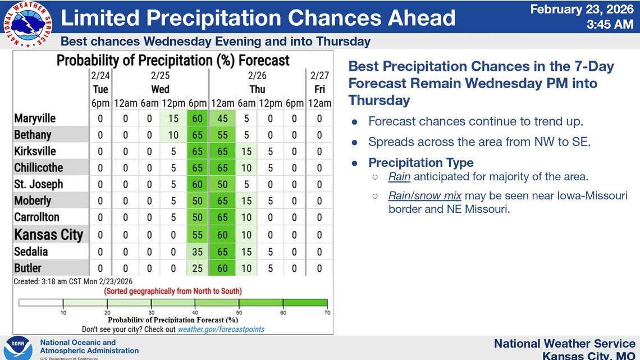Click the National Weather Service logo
[28, 24]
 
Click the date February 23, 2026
[582, 9]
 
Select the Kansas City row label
[48, 235]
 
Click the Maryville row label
[35, 119]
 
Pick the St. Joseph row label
[38, 184]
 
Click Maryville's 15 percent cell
[173, 119]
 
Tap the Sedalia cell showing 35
[197, 252]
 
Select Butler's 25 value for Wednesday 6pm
[197, 268]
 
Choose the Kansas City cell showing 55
[197, 235]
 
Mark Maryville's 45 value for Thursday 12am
[222, 119]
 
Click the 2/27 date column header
[319, 75]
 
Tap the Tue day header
[100, 89]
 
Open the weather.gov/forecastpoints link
[221, 329]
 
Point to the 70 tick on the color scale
[327, 312]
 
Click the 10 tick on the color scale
[63, 312]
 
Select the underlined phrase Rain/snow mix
[424, 195]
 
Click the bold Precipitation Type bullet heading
[420, 162]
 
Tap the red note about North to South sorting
[173, 291]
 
